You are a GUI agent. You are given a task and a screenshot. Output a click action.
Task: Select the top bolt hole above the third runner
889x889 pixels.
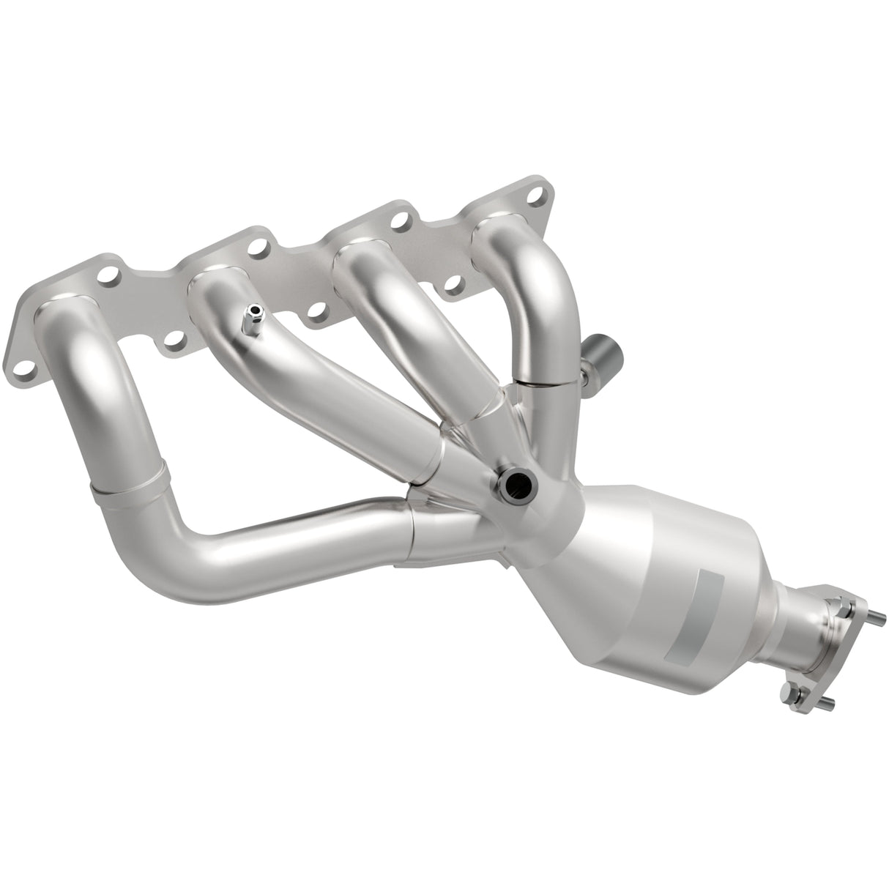pos(400,220)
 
